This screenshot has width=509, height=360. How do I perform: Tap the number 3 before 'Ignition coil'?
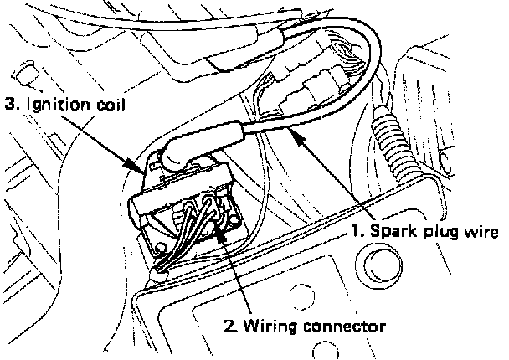pyautogui.click(x=10, y=105)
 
